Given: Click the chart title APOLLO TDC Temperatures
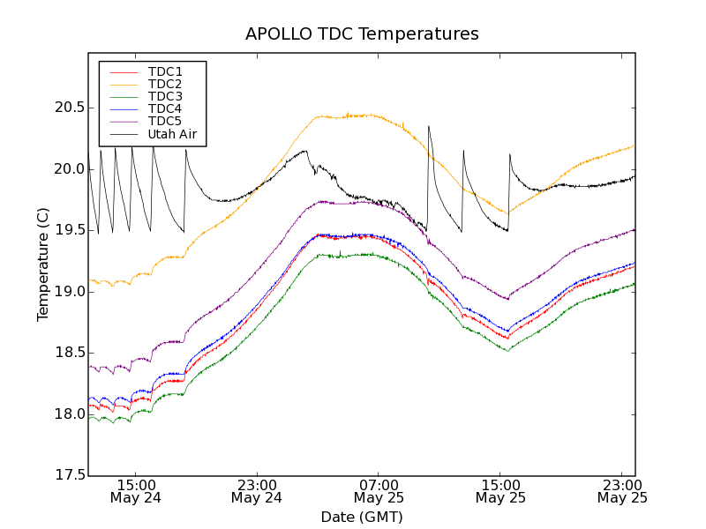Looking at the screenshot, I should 362,34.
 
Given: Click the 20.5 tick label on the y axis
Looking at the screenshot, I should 67,108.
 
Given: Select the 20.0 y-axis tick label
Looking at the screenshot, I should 67,169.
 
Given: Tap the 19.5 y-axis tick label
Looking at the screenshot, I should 67,230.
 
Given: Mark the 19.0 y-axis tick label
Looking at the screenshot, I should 67,292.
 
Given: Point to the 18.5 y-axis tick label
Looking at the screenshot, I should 67,353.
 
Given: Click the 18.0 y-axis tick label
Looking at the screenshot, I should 67,414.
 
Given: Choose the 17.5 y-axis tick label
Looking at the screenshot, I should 67,475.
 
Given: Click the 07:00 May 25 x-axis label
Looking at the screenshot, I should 379,491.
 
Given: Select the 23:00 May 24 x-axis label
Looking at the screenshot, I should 257,491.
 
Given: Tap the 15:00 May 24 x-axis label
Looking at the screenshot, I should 135,491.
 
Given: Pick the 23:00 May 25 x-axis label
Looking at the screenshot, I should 622,491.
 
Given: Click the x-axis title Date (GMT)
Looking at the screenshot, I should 362,517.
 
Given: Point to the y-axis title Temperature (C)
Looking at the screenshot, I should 43,264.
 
